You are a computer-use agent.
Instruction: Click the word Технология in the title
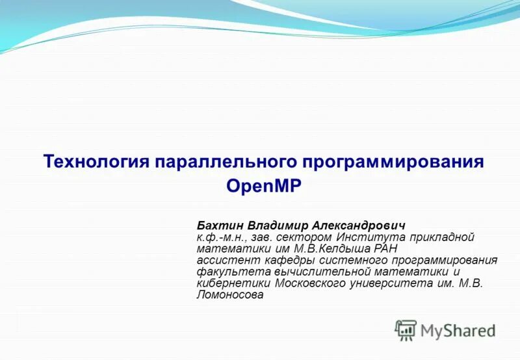pos(96,162)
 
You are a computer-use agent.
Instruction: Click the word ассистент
pos(223,260)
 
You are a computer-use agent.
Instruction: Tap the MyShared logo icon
pos(406,330)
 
